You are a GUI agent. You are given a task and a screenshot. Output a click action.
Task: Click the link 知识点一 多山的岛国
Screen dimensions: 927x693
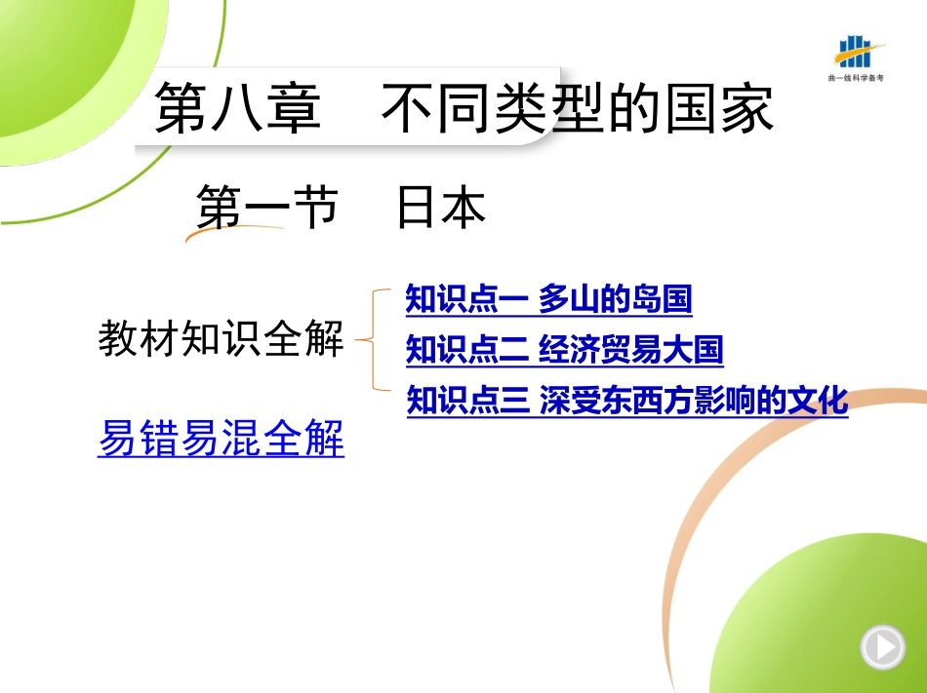548,298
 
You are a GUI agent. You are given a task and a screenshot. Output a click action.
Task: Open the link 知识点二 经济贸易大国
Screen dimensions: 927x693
565,350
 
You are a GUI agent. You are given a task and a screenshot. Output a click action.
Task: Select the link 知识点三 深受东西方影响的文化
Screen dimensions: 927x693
627,401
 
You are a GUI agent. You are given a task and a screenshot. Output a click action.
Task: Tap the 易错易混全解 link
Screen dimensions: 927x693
222,438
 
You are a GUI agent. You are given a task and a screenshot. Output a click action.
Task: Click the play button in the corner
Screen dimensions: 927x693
883,647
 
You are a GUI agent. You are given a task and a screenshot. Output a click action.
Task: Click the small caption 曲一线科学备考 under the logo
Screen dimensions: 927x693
856,77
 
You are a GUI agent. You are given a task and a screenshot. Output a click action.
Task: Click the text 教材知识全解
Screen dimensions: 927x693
221,338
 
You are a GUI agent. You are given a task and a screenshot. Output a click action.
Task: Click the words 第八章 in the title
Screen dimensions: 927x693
238,108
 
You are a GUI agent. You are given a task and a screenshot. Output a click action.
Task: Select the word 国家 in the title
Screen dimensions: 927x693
719,108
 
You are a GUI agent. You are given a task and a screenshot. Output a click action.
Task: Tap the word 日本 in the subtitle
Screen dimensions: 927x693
441,207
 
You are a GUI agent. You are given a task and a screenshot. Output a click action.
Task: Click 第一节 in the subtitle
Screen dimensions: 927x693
267,207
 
